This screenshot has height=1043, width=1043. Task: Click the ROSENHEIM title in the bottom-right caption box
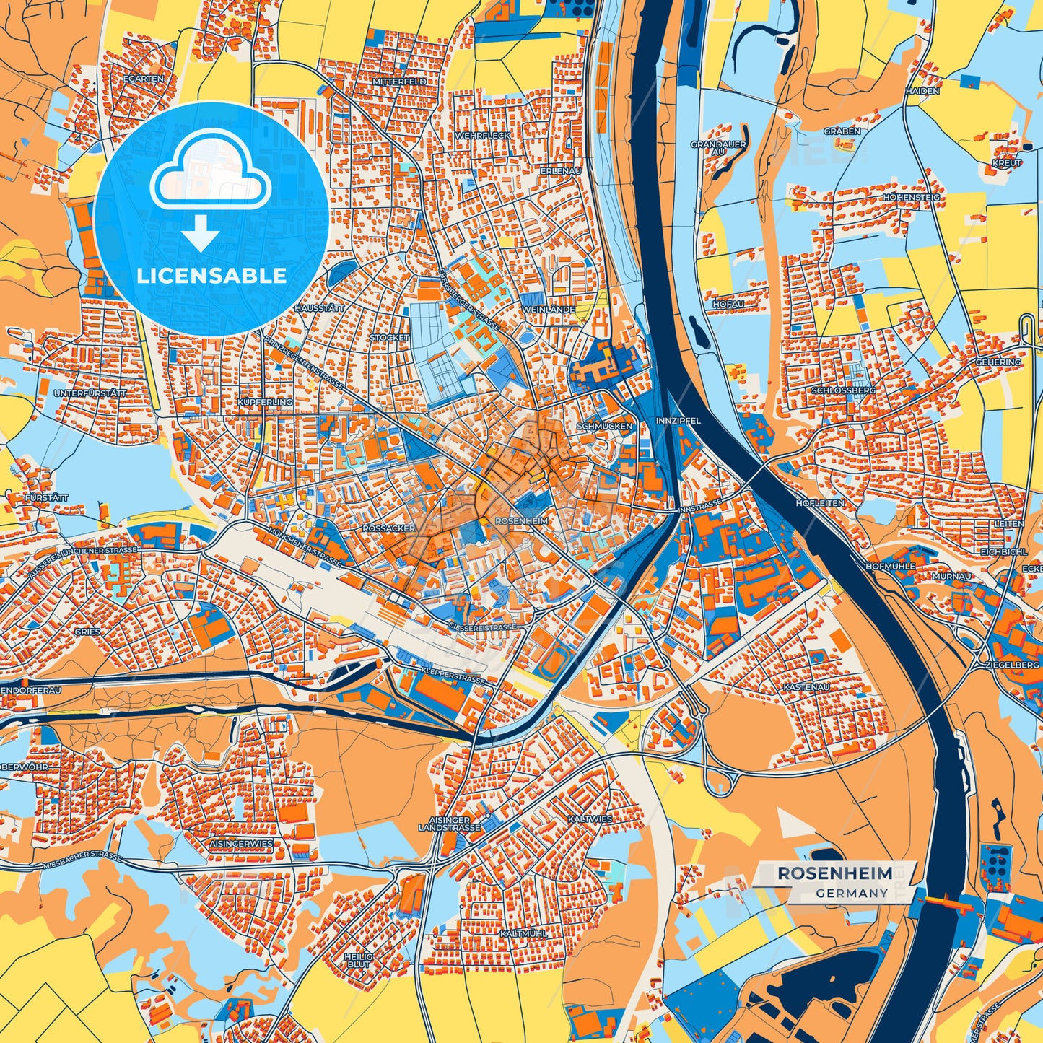[x=834, y=873]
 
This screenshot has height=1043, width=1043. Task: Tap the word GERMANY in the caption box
[x=852, y=893]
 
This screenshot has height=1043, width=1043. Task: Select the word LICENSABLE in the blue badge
[x=211, y=276]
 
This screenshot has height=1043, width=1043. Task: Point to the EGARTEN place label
[x=144, y=79]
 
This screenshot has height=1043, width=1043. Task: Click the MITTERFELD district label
[x=400, y=82]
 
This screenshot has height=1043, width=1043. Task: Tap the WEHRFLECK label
[x=482, y=136]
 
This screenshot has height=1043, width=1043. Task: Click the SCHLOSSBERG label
[x=843, y=390]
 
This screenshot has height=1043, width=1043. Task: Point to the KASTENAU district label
[x=806, y=687]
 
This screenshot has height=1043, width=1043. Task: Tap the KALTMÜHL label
[x=523, y=933]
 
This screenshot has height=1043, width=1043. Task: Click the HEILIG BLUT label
[x=359, y=960]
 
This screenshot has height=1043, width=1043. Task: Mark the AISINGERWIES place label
[x=241, y=843]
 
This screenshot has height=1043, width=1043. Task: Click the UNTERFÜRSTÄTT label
[x=90, y=393]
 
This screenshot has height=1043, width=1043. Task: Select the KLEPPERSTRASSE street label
[x=452, y=679]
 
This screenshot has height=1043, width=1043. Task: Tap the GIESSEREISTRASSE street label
[x=483, y=627]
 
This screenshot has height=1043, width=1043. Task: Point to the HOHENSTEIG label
[x=912, y=197]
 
